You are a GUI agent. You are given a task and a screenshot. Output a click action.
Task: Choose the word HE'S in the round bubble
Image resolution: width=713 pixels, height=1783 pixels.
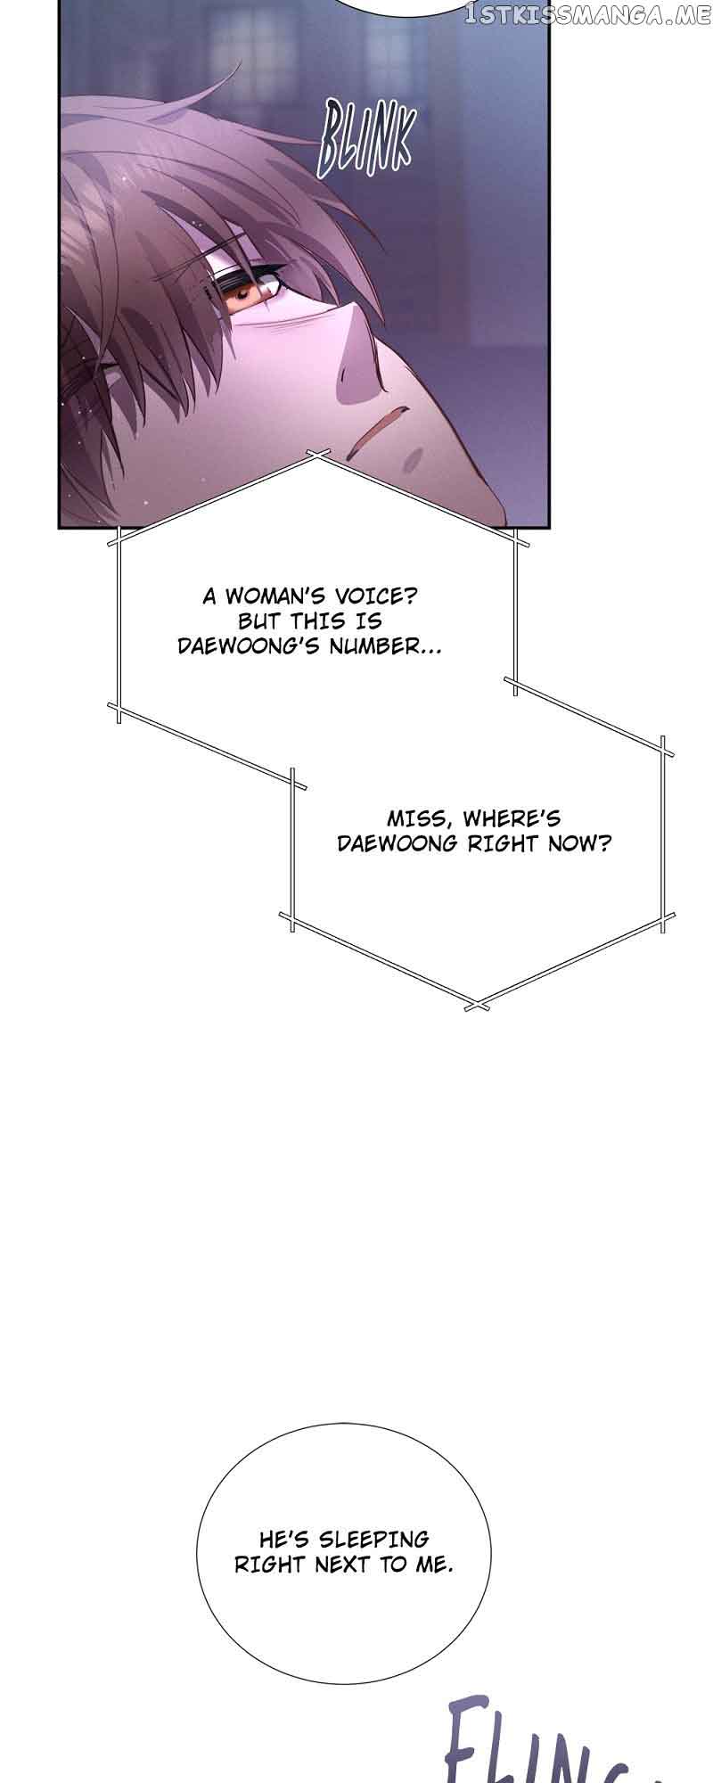(283, 1539)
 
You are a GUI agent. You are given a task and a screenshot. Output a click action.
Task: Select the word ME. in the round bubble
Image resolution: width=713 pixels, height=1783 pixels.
(431, 1564)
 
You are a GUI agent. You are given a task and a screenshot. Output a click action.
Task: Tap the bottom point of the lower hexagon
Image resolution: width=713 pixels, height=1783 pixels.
(478, 1005)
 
